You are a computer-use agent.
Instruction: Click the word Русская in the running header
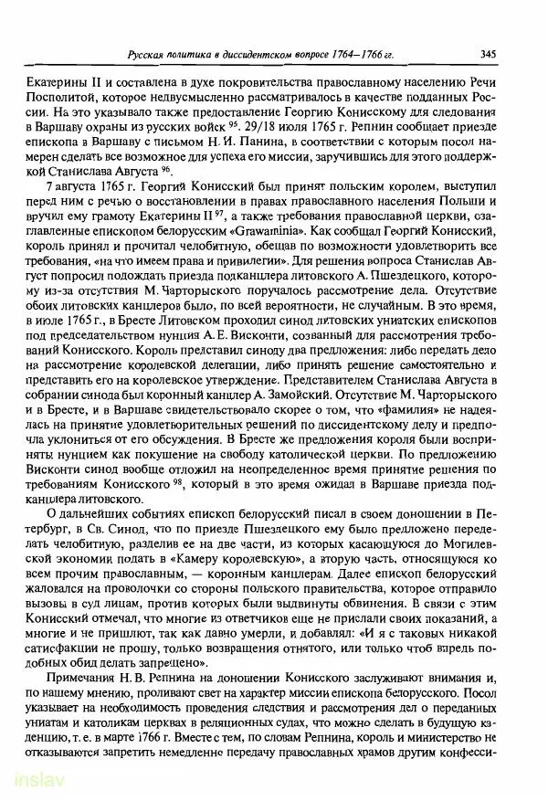(x=147, y=55)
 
